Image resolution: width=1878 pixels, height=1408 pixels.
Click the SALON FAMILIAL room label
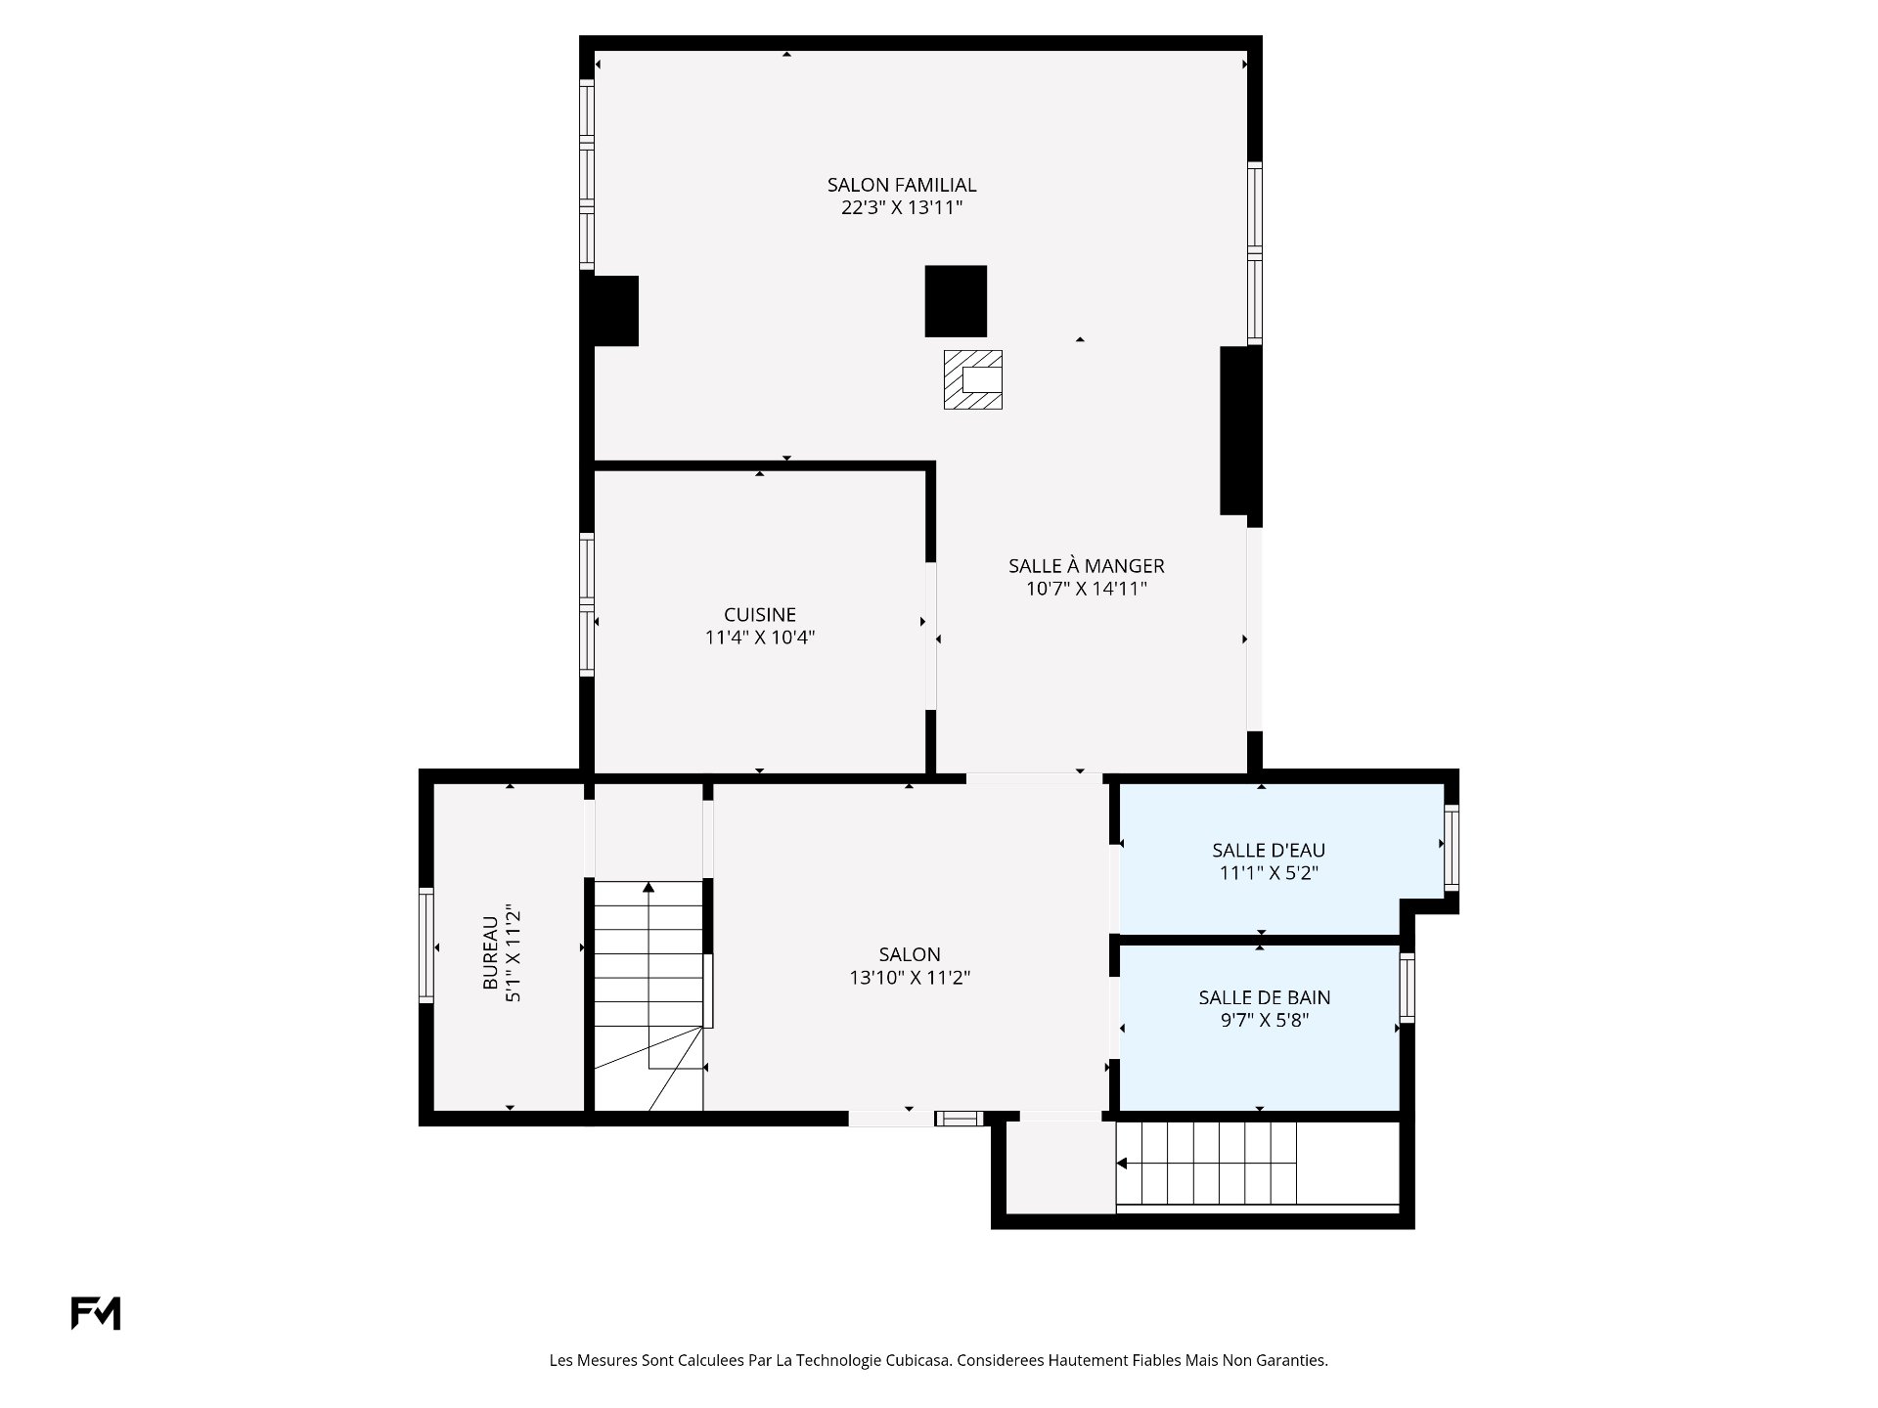pos(902,185)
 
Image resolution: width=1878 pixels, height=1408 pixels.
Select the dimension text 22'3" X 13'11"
pos(902,208)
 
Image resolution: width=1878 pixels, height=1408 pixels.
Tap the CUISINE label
pos(760,615)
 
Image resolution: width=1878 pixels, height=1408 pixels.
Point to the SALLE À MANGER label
pos(1087,566)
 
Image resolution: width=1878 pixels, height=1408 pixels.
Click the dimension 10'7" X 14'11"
pos(1087,590)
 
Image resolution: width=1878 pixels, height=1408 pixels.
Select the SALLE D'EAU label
pos(1269,851)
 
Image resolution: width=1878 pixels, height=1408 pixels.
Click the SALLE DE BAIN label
pos(1265,998)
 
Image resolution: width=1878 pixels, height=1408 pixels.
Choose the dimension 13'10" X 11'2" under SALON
pos(910,978)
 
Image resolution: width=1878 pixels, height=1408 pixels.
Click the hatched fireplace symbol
pos(973,379)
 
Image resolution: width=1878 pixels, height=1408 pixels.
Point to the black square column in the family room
pos(956,301)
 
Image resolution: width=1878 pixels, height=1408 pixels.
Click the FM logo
pos(96,1313)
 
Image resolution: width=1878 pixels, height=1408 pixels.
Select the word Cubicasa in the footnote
pos(918,1360)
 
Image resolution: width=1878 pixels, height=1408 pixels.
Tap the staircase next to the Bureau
pos(648,995)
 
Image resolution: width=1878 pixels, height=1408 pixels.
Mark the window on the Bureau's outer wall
pos(426,946)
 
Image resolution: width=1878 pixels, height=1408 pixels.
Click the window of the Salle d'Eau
pos(1452,847)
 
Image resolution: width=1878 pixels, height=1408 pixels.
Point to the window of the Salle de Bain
pos(1408,988)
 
